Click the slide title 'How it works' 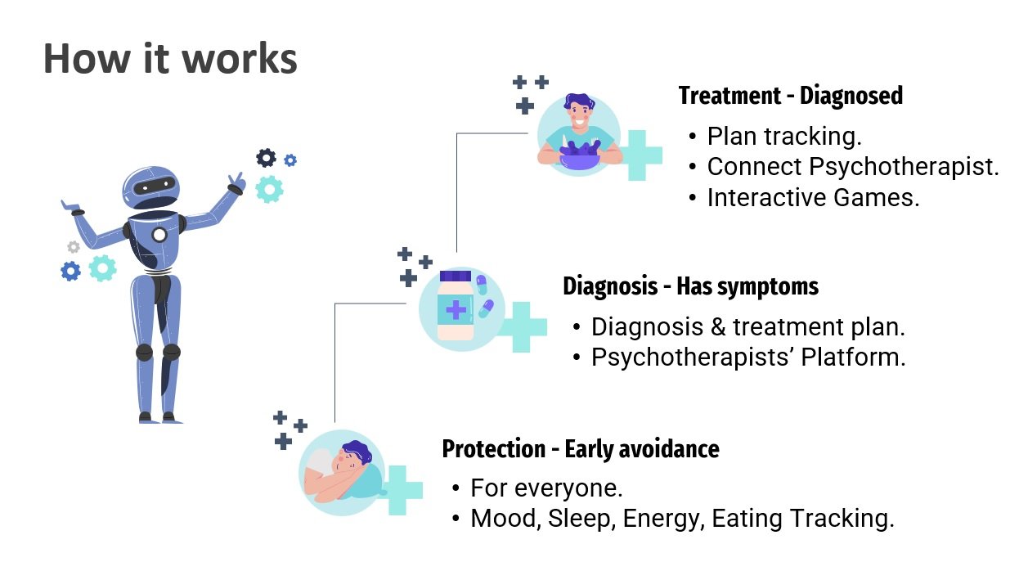coord(170,58)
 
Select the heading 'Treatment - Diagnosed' coord(791,96)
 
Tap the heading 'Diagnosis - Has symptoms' coord(690,286)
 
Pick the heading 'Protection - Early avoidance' coord(581,449)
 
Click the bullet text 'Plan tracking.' coord(784,136)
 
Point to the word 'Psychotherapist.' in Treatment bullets coord(904,167)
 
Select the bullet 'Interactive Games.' coord(814,197)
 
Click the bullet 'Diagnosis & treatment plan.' coord(748,326)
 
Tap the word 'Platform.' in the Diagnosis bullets coord(854,357)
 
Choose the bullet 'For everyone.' coord(546,488)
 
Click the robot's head coord(151,187)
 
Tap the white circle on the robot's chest coord(159,235)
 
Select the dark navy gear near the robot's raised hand coord(266,158)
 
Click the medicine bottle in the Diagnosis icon coord(456,305)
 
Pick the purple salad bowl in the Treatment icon coord(580,155)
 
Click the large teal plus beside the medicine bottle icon coord(523,327)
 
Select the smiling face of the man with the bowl coord(579,115)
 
